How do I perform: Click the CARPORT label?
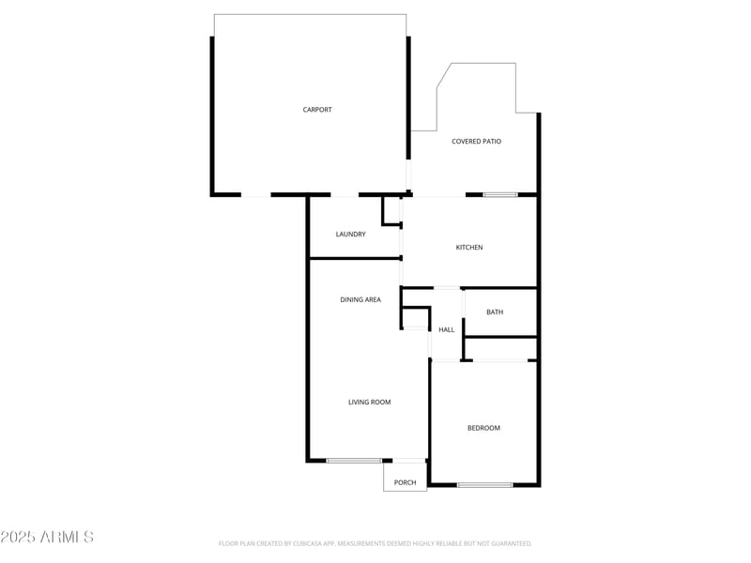coord(317,110)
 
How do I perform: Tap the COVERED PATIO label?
coord(476,142)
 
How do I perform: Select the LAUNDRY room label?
coord(351,235)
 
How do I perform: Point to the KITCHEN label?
coord(469,248)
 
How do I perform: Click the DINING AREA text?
coord(360,299)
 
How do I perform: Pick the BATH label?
coord(495,312)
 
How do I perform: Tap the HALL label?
coord(447,329)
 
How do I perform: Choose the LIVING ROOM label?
coord(369,402)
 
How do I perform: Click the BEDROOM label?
coord(483,428)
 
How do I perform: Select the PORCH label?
coord(405,482)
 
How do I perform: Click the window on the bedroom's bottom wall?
coord(484,485)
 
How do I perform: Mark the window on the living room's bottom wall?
coord(354,461)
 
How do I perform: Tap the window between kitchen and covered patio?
coord(500,195)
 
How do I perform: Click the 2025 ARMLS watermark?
coord(47,537)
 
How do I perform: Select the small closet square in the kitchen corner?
coord(392,211)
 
